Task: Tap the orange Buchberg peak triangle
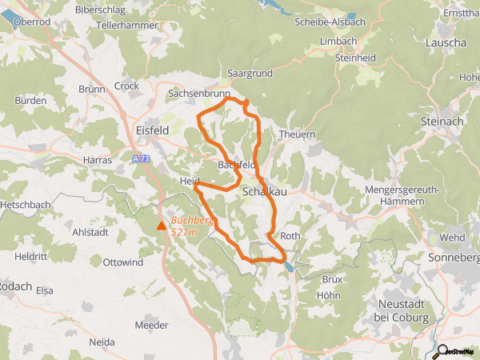pos(162,226)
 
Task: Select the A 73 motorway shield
pos(142,159)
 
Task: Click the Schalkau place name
pos(263,192)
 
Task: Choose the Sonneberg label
pos(454,258)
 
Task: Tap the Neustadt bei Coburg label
pos(402,311)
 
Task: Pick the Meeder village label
pos(152,325)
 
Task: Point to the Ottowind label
pos(123,262)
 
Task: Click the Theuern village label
pos(297,134)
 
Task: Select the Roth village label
pos(290,236)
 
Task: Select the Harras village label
pos(98,160)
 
